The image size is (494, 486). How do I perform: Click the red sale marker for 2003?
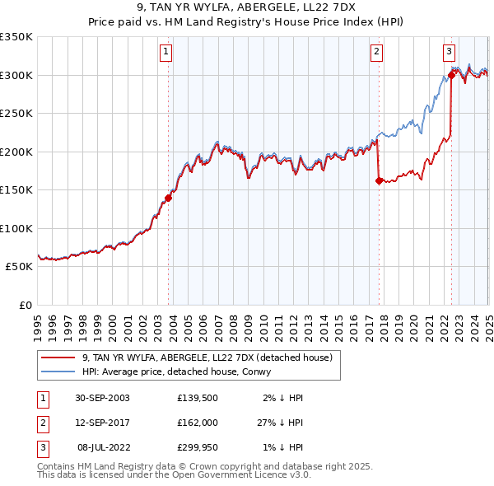(169, 198)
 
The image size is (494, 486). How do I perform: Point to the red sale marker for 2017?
(379, 180)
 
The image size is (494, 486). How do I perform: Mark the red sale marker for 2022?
(452, 75)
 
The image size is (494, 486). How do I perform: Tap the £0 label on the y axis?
(25, 305)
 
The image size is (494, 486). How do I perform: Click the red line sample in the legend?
(57, 357)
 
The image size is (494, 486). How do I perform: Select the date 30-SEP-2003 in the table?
(102, 397)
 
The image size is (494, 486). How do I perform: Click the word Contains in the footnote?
(58, 466)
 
